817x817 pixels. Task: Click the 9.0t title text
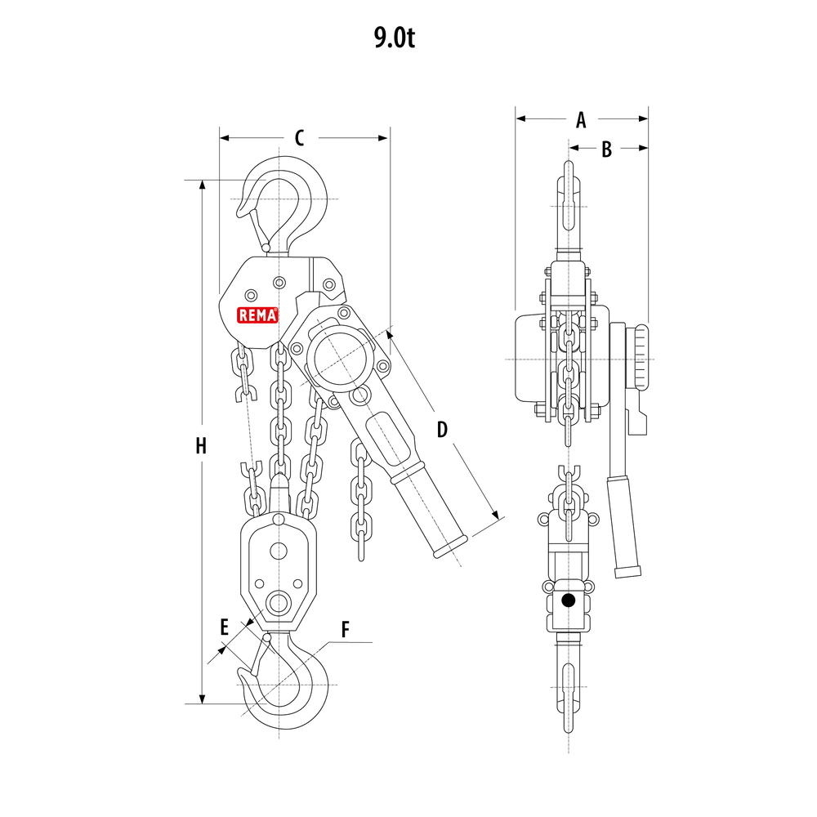tap(395, 38)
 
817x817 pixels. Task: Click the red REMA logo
tap(258, 315)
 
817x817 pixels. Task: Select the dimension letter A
tap(581, 120)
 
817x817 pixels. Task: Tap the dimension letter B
tap(606, 149)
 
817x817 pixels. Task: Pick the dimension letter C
tap(299, 139)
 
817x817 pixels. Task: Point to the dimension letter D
tap(442, 429)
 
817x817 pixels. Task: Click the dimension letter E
tap(225, 627)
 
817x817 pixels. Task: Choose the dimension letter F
tap(345, 629)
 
